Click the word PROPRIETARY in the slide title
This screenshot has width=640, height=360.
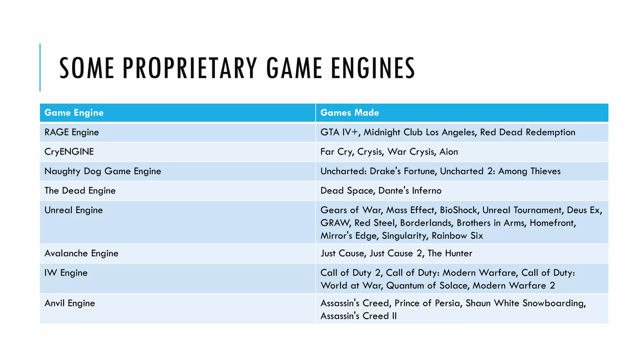[190, 68]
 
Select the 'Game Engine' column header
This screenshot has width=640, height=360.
[74, 112]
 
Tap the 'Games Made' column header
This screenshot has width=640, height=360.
[350, 112]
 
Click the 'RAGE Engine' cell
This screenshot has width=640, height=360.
[72, 132]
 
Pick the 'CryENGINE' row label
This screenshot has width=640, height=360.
[69, 152]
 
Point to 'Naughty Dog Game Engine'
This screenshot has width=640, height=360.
[103, 171]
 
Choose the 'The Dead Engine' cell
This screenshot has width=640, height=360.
[80, 191]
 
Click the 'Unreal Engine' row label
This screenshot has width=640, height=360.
[74, 210]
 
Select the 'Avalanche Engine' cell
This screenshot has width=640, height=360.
[82, 253]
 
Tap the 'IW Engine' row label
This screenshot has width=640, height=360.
[66, 273]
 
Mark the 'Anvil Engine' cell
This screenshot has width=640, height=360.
[70, 303]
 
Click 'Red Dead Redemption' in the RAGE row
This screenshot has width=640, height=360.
[527, 132]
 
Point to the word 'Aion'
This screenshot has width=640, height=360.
[448, 152]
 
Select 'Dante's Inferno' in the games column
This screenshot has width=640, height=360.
[410, 191]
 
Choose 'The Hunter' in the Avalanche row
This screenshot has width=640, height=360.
[450, 253]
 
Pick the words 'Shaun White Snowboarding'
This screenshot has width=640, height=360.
[525, 303]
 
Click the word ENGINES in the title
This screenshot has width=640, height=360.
[373, 68]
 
